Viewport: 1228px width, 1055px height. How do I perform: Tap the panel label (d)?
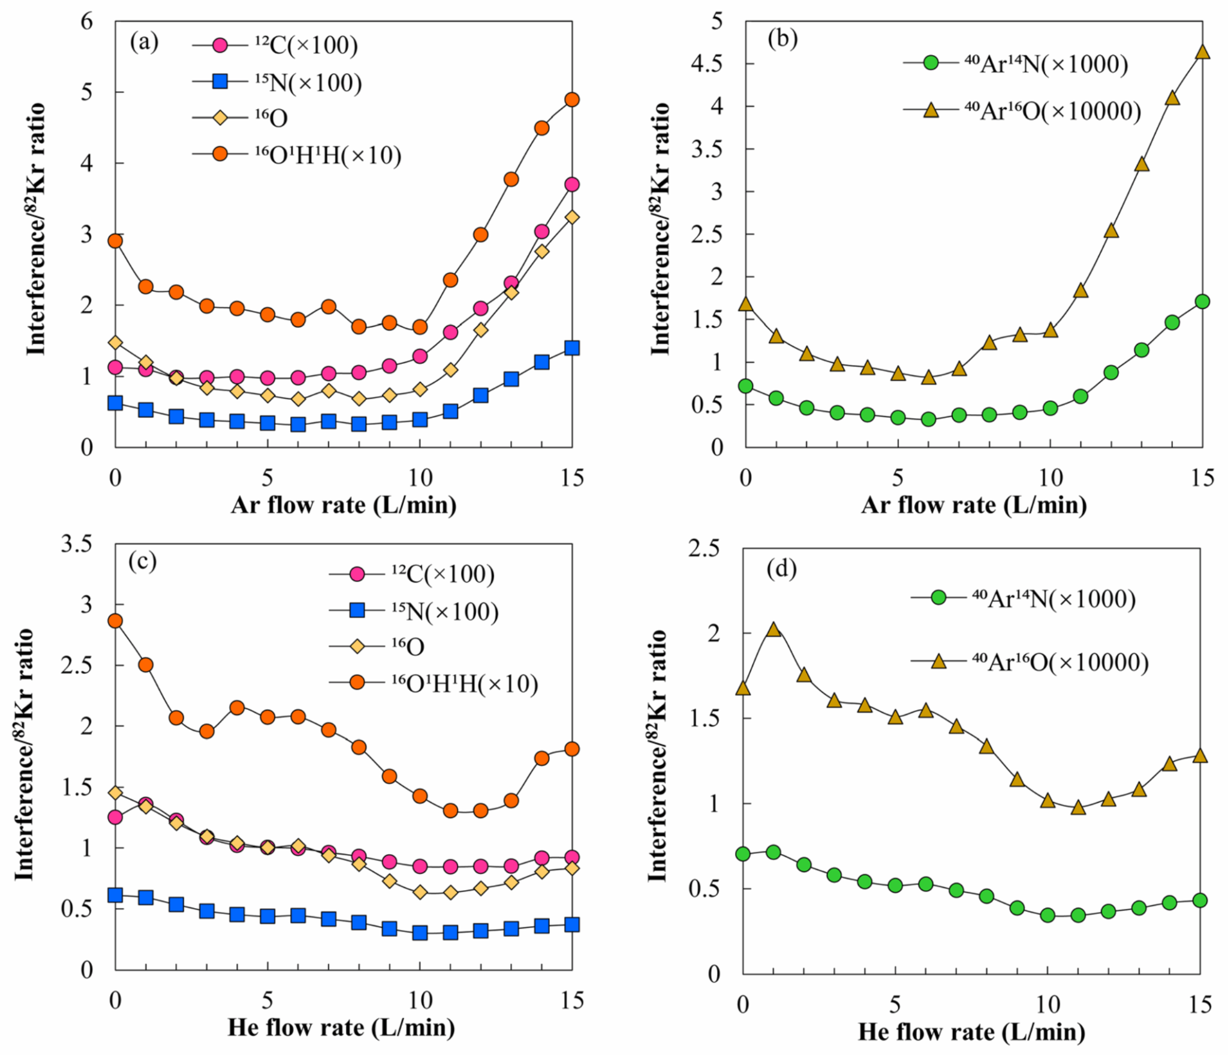coord(781,569)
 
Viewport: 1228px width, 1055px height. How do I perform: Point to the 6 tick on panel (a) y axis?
coord(88,22)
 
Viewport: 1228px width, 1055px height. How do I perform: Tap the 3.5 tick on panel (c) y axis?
coord(77,545)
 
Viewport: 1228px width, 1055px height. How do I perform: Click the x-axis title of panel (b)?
coord(974,505)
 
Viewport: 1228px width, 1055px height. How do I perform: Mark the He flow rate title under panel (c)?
coord(341,1027)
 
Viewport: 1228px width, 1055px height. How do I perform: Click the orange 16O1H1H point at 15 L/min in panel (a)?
coord(572,100)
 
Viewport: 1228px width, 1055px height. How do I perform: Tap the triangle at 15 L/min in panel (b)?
coord(1202,52)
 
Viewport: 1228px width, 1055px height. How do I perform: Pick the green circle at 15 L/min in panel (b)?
coord(1202,302)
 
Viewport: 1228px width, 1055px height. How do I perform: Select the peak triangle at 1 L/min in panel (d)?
coord(773,629)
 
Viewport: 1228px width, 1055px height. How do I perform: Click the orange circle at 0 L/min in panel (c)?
coord(115,620)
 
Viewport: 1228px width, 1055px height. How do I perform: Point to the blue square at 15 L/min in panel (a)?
coord(572,348)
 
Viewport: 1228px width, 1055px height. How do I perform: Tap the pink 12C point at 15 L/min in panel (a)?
coord(572,185)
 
